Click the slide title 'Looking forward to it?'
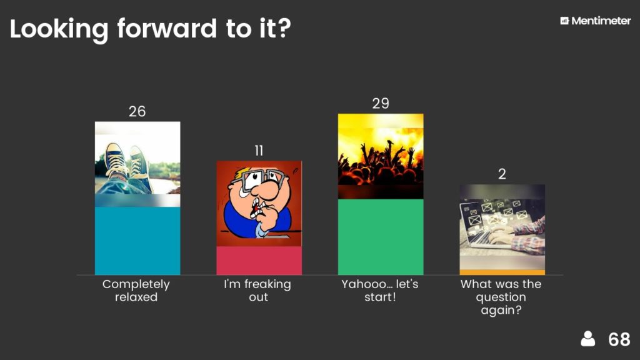[150, 29]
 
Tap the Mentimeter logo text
[601, 21]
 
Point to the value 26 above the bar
[137, 111]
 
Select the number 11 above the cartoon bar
[259, 151]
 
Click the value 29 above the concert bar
[381, 103]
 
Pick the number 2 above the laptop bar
[502, 174]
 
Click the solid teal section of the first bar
[137, 241]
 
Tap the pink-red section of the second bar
[259, 261]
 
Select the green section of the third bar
[381, 237]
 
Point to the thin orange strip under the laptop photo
[502, 272]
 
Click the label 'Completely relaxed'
[136, 290]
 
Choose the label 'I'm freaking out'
[257, 290]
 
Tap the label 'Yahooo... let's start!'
[380, 290]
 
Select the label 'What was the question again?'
[501, 297]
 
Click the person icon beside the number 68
[587, 339]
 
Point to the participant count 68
[619, 339]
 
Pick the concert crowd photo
[381, 156]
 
